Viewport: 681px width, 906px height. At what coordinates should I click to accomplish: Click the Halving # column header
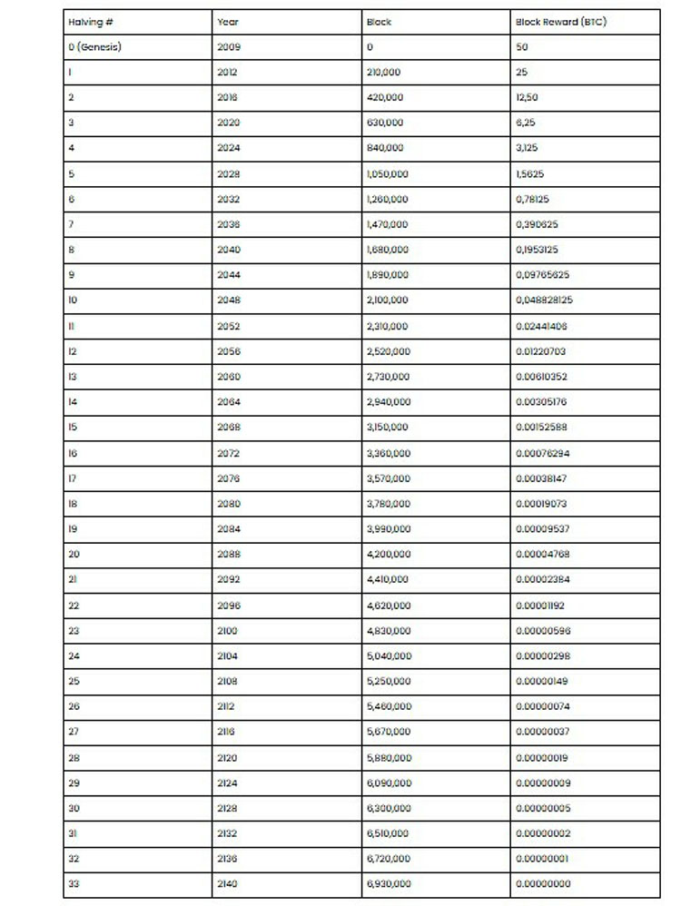coord(91,22)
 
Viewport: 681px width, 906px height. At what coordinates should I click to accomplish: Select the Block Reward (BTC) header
coord(560,22)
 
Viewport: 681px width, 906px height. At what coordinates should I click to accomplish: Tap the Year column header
coord(228,22)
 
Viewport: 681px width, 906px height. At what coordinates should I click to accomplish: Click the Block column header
coord(379,22)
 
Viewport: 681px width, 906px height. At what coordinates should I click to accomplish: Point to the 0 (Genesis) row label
coord(94,47)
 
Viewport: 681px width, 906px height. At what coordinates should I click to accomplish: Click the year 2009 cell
coord(229,47)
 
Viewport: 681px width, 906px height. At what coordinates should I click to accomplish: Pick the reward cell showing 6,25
coord(526,123)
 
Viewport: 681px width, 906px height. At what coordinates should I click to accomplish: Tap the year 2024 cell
coord(229,148)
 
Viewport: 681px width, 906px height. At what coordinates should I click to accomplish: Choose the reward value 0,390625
coord(537,224)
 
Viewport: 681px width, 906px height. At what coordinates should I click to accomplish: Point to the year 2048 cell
coord(229,300)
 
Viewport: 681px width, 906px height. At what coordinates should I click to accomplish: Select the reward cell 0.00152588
coord(542,427)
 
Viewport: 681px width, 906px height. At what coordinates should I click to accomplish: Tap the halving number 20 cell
coord(74,554)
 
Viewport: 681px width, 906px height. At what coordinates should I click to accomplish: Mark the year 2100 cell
coord(228,630)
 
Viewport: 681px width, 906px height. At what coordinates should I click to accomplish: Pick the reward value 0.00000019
coord(542,757)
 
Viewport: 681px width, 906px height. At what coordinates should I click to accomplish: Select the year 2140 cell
coord(228,883)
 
